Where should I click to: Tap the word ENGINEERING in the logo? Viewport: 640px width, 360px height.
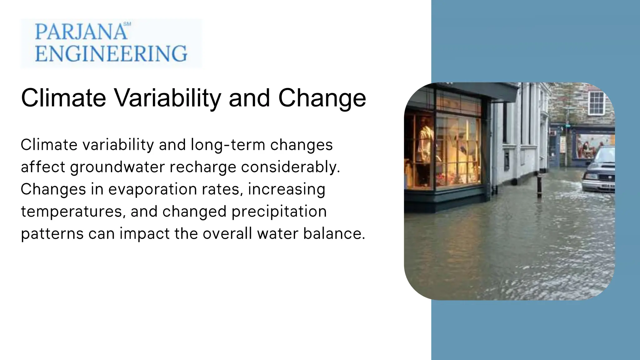(x=111, y=53)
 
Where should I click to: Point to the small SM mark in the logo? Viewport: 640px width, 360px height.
(x=127, y=24)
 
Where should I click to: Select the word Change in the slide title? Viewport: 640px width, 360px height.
(x=322, y=98)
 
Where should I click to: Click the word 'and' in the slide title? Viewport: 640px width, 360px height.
(x=249, y=98)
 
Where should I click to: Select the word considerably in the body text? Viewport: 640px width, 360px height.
(x=290, y=167)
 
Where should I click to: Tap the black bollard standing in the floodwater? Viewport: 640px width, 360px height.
(x=539, y=185)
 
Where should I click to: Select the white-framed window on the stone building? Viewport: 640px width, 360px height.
(x=596, y=103)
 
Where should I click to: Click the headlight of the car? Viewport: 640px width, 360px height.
(x=590, y=177)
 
